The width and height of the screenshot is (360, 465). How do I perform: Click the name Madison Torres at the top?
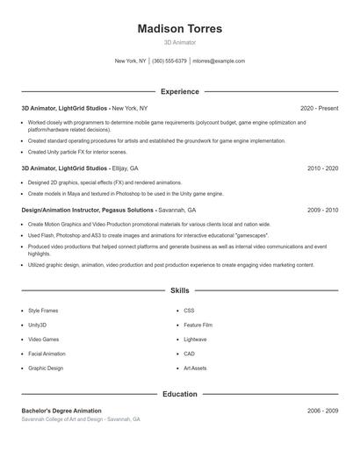coord(180,29)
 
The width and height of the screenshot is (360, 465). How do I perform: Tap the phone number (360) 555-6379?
coord(169,61)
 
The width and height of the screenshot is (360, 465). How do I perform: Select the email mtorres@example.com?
coord(219,61)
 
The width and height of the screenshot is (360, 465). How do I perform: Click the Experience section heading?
coord(180,91)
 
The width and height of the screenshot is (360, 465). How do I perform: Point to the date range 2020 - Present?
coord(319,108)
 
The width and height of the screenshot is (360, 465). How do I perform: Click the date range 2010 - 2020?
coord(322,168)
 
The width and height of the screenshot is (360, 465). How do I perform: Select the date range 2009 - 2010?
coord(322,211)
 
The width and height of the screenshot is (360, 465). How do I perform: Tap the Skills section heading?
coord(180,290)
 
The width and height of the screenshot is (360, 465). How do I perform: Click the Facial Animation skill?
coord(47,354)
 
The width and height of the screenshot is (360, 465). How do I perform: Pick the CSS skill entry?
coord(189,311)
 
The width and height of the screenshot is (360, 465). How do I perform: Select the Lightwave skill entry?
coord(195,339)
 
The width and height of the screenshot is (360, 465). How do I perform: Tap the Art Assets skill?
coord(195,368)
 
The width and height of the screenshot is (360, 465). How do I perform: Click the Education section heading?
coord(180,394)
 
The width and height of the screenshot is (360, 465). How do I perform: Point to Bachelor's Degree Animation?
coord(61,411)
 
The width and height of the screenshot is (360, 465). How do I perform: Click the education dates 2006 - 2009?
coord(322,411)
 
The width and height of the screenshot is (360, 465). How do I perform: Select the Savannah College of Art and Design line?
coord(81,420)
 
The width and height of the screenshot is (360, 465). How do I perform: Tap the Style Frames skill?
coord(44,311)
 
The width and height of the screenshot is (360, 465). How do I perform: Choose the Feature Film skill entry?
coord(198,325)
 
